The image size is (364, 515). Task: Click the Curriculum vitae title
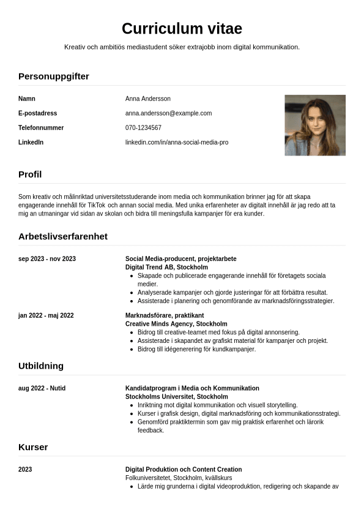click(182, 28)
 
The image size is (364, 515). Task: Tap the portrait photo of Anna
click(315, 125)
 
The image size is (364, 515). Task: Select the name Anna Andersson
click(148, 99)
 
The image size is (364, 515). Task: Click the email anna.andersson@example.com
click(168, 113)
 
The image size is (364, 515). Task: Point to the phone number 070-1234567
click(143, 128)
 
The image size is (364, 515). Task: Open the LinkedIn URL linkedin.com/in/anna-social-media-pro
click(177, 143)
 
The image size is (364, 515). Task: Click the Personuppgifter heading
click(54, 77)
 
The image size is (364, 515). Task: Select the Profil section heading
click(30, 175)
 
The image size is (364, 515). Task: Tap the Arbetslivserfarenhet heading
click(63, 236)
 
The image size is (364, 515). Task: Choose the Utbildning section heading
click(41, 366)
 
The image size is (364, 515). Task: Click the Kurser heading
click(33, 447)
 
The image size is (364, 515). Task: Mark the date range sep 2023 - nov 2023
click(47, 259)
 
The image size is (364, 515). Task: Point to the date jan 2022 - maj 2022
click(46, 316)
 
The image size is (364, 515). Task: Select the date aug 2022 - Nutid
click(42, 389)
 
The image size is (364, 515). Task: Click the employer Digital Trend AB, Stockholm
click(166, 268)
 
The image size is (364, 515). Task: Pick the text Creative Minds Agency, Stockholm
click(176, 324)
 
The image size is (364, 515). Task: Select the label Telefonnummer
click(41, 128)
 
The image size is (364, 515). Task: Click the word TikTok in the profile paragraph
click(97, 205)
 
